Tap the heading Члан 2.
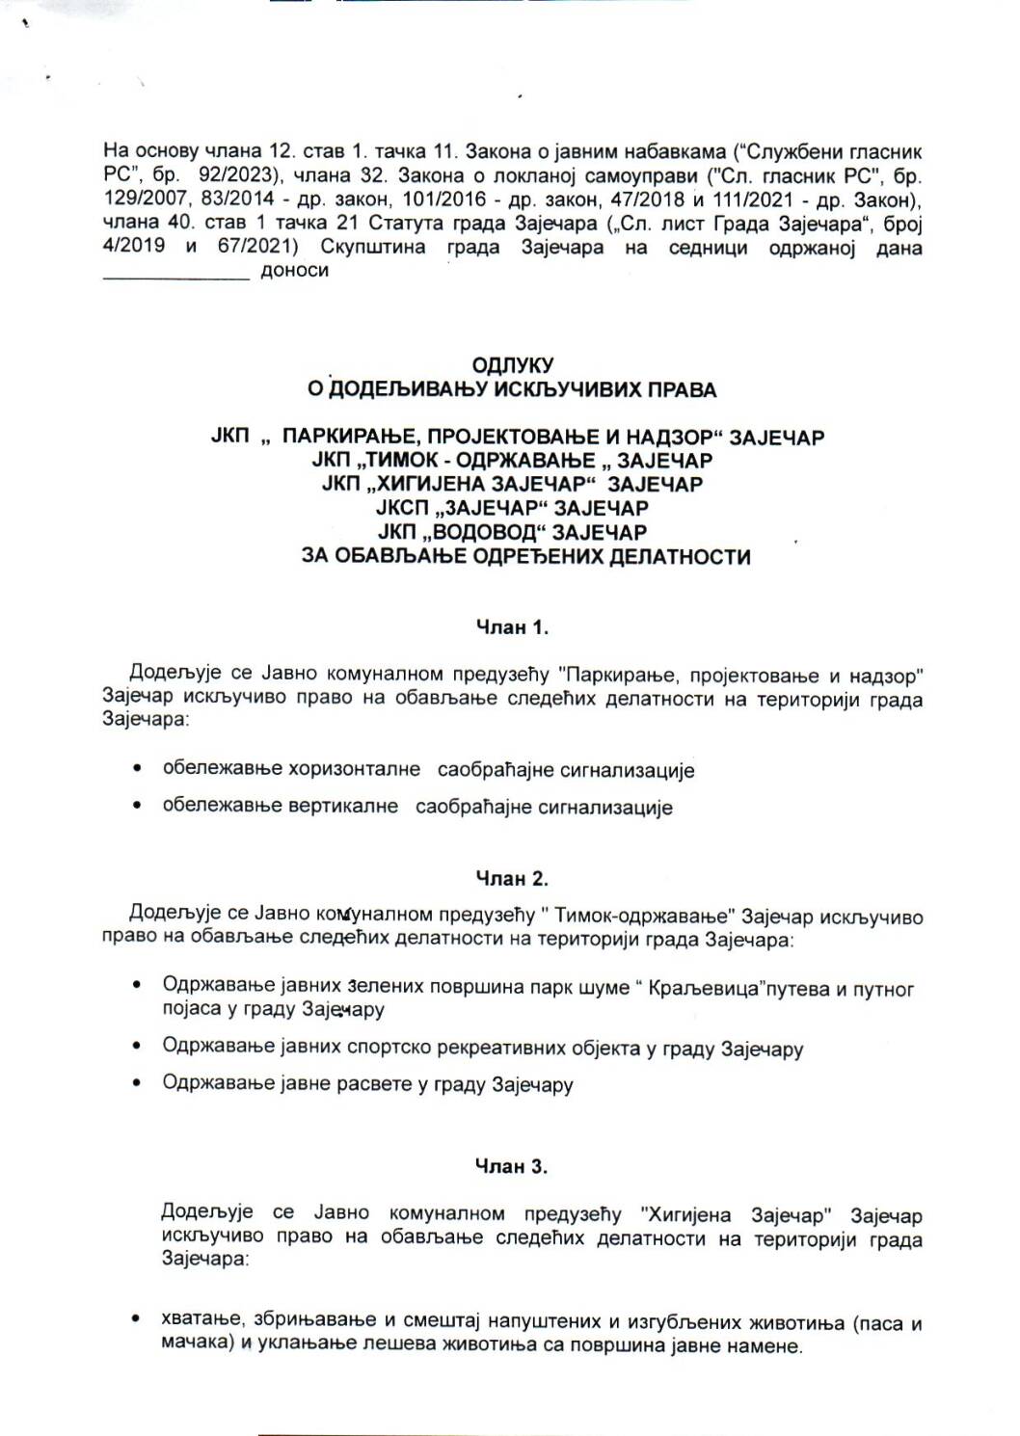[512, 879]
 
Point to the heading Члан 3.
[512, 1167]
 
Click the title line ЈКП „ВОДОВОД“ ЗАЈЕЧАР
[512, 532]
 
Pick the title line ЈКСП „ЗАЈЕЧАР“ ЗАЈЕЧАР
[512, 508]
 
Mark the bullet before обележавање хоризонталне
[140, 770]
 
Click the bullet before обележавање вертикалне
[140, 807]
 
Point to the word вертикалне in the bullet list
[343, 807]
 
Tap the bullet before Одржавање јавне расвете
[140, 1084]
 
